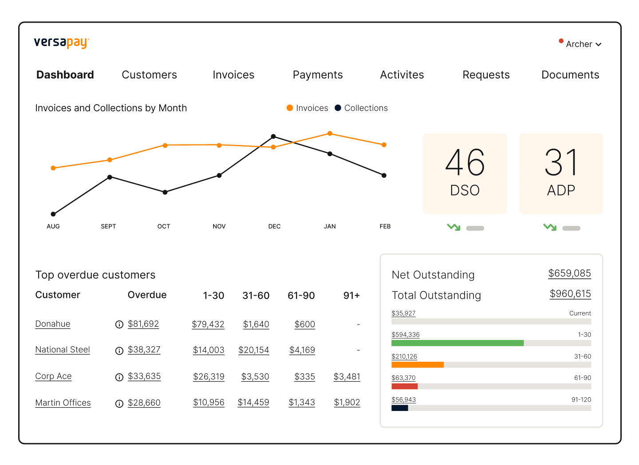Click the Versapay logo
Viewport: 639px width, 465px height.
coord(62,43)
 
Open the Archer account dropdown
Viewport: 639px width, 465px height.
coord(583,44)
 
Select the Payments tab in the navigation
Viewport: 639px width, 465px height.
coord(318,75)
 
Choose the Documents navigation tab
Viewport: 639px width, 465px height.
coord(570,75)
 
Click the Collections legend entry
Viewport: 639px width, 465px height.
coord(361,108)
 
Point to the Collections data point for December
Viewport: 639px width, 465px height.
coord(273,137)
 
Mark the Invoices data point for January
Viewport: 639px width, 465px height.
coord(330,133)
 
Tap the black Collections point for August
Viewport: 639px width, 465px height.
coord(53,214)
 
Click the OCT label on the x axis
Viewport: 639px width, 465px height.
coord(164,227)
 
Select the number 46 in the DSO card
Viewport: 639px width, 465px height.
coord(465,162)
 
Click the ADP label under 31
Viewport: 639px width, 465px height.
coord(561,190)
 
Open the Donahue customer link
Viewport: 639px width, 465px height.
coord(53,324)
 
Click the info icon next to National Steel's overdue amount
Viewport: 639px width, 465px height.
coord(119,351)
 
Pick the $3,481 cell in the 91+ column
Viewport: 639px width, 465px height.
coord(347,376)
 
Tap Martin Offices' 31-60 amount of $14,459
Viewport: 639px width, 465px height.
coord(253,402)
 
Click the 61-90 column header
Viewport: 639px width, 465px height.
coord(301,296)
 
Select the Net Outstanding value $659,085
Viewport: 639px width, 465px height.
coord(569,273)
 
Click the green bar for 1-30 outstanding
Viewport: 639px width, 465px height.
coord(457,343)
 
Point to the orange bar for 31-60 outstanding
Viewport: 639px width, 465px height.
coord(417,365)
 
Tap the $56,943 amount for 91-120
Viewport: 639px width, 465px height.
coord(403,399)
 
